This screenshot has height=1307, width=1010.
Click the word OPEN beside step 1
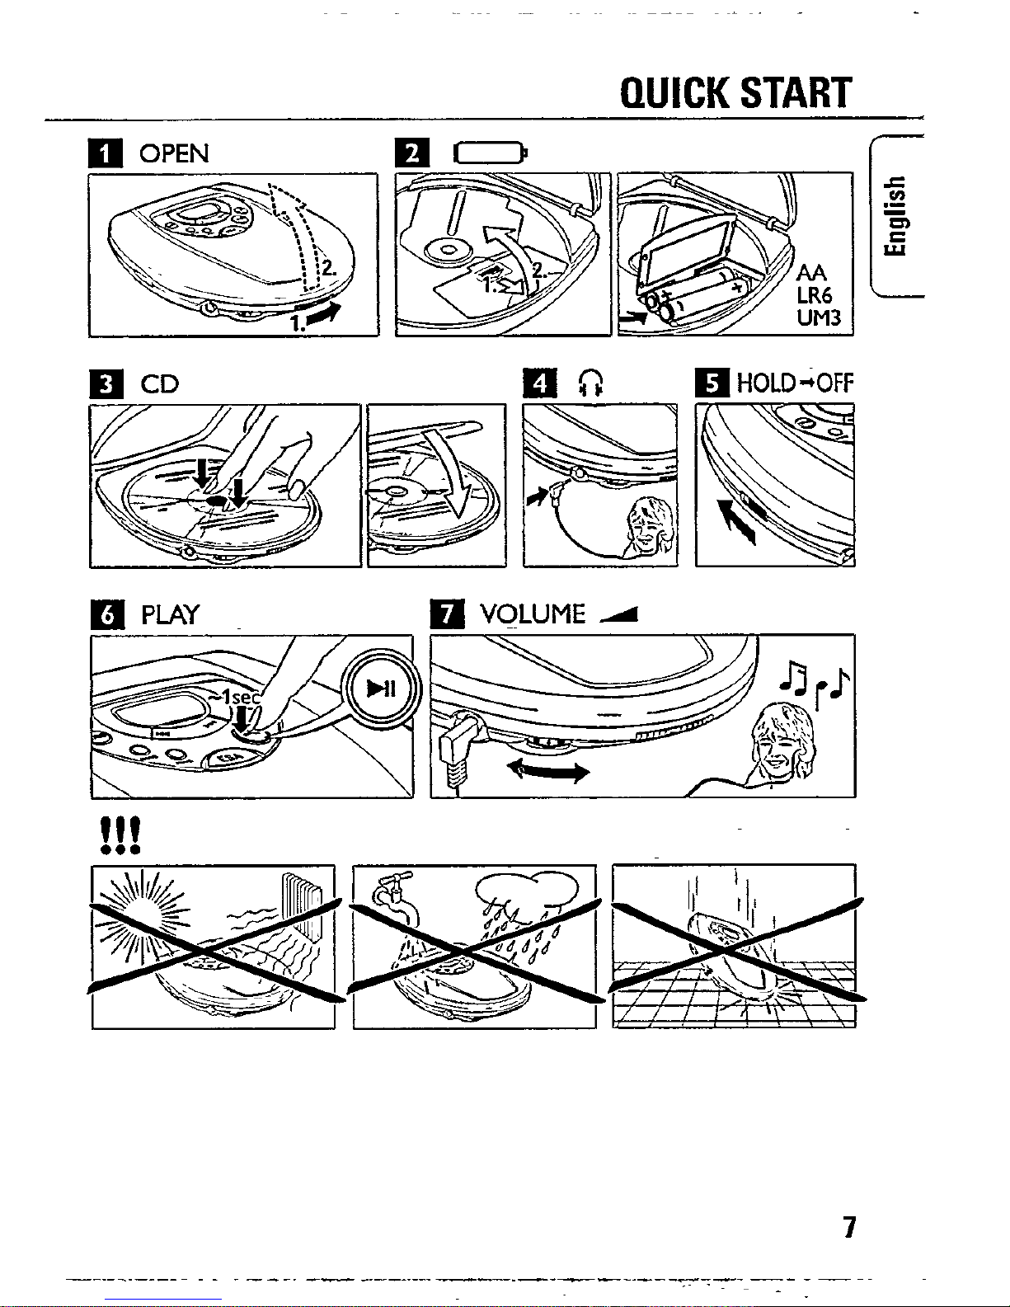coord(174,154)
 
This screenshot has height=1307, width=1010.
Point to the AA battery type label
coord(811,273)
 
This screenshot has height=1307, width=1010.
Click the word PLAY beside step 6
coord(171,615)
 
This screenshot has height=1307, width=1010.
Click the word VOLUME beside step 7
coord(533,614)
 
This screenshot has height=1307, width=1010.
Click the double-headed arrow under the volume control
coord(548,771)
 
